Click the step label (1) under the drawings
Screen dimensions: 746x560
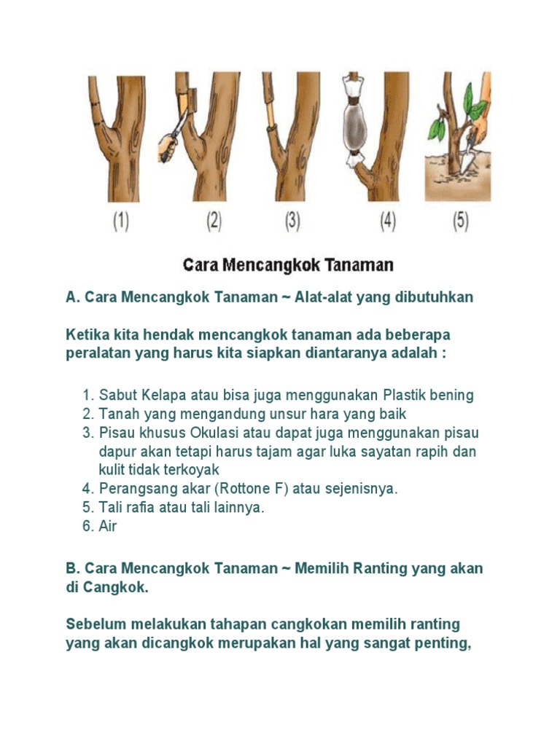click(120, 221)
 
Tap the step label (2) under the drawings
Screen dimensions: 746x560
click(213, 221)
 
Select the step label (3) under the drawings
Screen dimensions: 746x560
click(292, 221)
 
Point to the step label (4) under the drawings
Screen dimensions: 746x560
click(387, 221)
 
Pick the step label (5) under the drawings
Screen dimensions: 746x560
click(460, 221)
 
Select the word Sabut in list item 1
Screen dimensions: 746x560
click(116, 395)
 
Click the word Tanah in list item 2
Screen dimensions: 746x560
click(117, 414)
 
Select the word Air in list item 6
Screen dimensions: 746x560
click(108, 526)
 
